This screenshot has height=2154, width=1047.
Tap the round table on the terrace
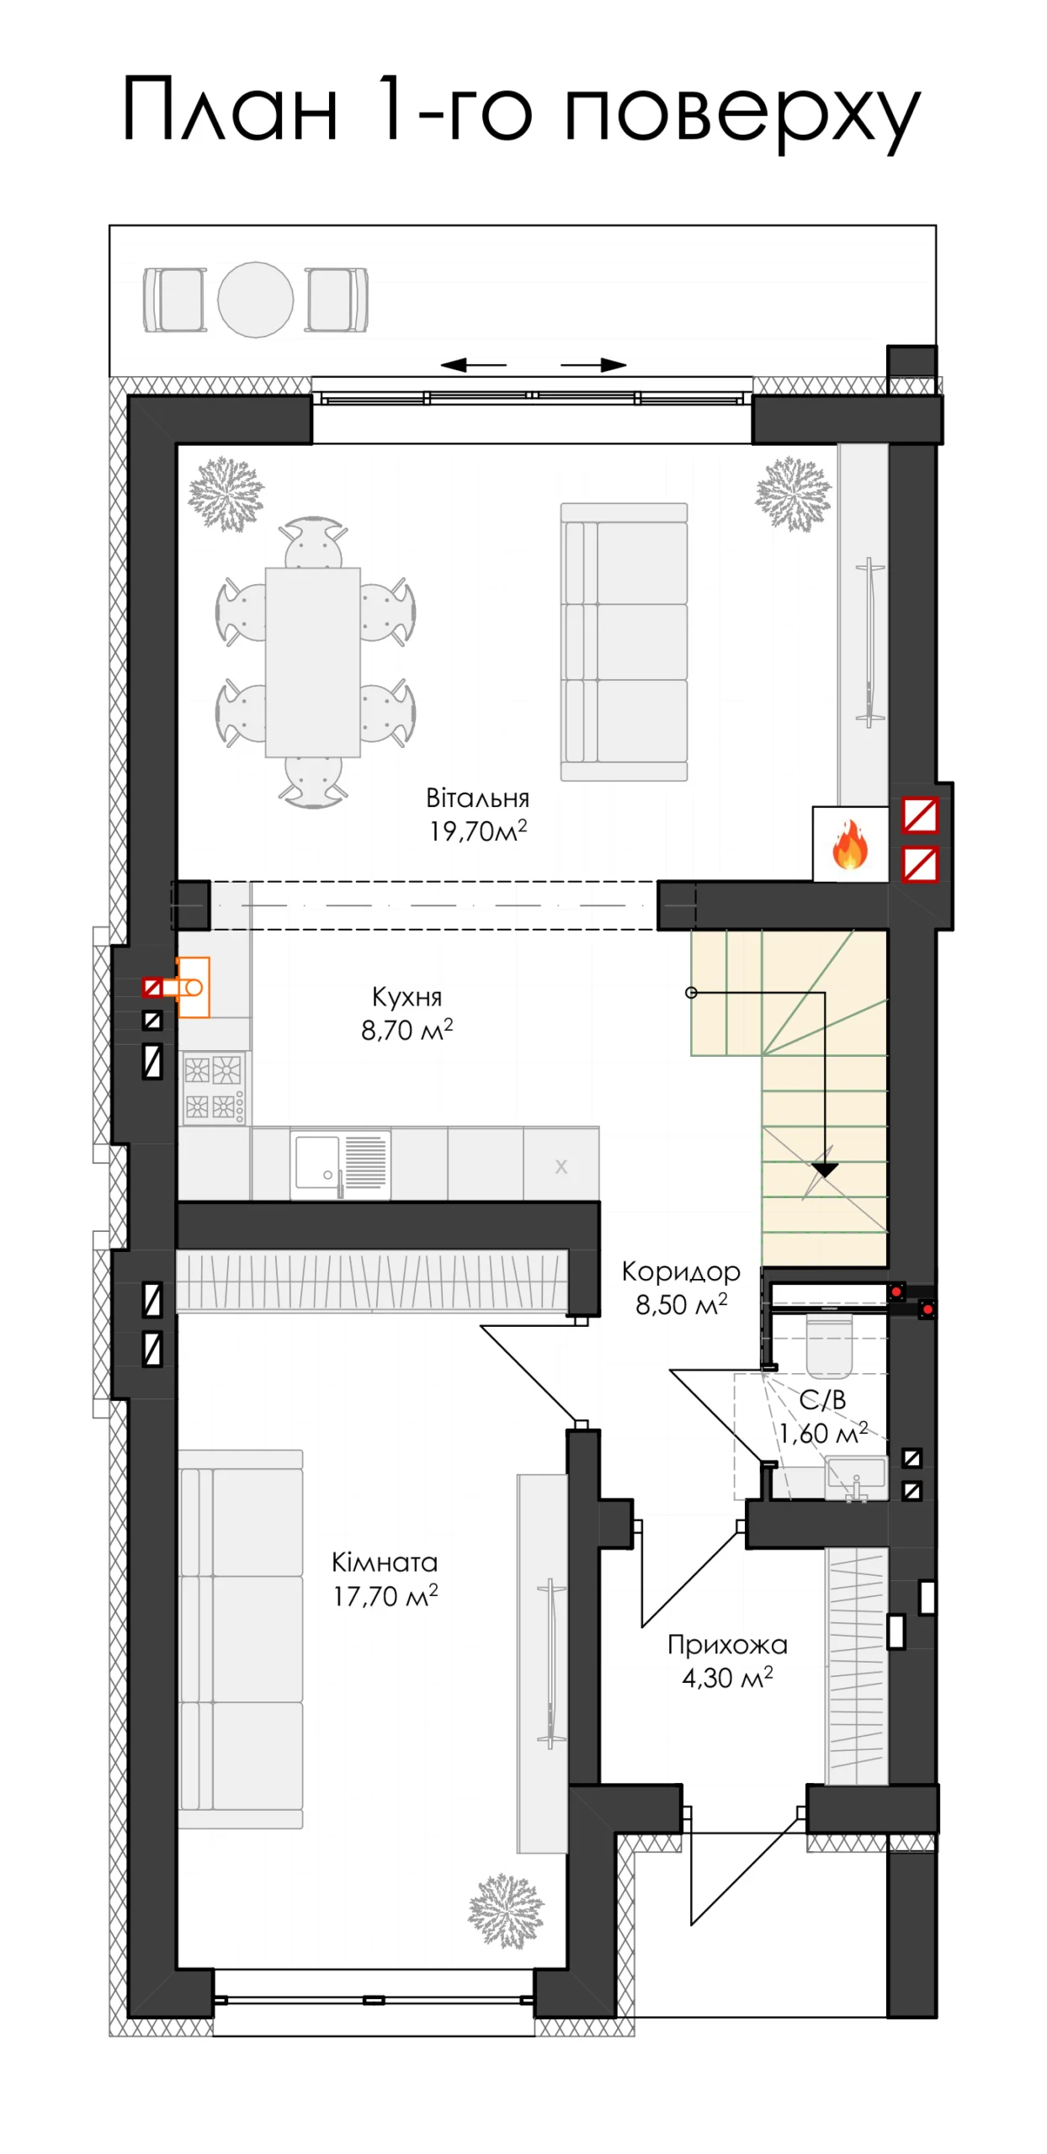[x=256, y=299]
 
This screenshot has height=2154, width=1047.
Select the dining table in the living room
[x=313, y=662]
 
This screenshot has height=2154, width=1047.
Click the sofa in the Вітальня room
[x=624, y=641]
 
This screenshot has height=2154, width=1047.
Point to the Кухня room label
[x=407, y=997]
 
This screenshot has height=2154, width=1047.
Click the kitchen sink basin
[x=316, y=1162]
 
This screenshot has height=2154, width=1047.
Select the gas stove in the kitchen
[x=214, y=1087]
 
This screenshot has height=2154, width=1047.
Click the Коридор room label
[x=681, y=1271]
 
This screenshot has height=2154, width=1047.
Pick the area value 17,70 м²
[x=385, y=1595]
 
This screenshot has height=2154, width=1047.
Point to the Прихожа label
[x=727, y=1644]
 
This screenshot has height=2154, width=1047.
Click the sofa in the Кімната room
[x=241, y=1638]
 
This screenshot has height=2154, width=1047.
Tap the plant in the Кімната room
[x=506, y=1910]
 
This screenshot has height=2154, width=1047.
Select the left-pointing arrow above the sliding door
[x=474, y=365]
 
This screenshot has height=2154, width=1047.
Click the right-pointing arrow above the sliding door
[x=593, y=365]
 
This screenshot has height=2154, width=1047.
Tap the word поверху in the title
[x=742, y=113]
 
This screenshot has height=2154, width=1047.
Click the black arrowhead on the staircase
[x=825, y=1170]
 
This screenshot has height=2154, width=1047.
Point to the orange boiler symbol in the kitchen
[x=193, y=987]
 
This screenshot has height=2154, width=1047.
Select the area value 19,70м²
[x=478, y=830]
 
